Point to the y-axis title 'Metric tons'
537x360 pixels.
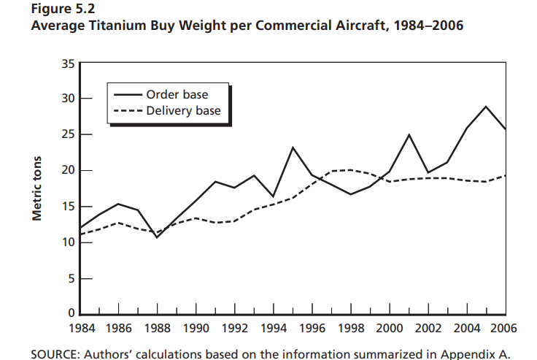tap(36, 188)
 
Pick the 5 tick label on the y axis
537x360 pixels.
tap(70, 278)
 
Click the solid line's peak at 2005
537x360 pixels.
tap(486, 107)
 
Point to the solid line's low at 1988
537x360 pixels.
tap(157, 237)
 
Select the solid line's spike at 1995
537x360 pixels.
tap(293, 148)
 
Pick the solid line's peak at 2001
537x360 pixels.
tap(409, 135)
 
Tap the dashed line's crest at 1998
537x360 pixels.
tap(351, 170)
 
